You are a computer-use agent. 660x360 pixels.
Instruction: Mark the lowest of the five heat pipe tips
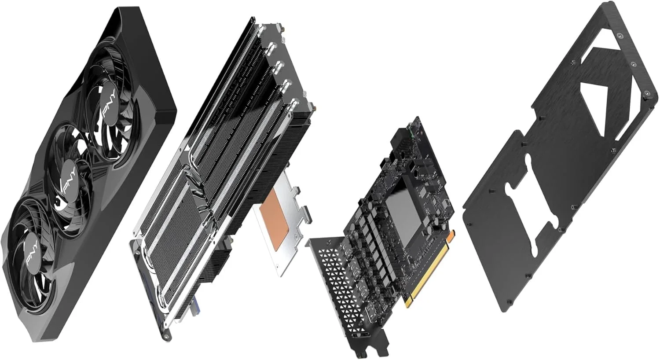click(x=294, y=104)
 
